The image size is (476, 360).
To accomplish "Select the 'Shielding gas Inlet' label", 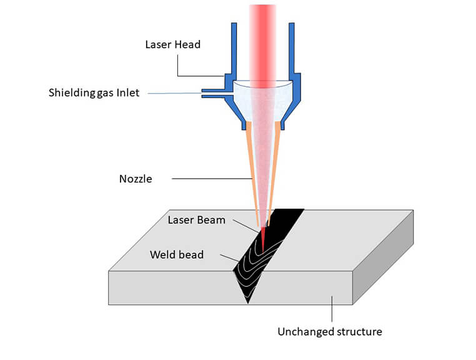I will tap(94, 93).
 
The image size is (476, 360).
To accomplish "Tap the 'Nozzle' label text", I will tap(136, 179).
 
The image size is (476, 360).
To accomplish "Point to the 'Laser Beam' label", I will tap(196, 220).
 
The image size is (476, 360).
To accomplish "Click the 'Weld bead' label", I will tap(177, 254).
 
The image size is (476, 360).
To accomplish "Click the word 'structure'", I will tap(358, 331).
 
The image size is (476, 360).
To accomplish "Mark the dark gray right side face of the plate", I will tap(382, 256).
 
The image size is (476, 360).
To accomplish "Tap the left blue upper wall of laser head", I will tap(234, 50).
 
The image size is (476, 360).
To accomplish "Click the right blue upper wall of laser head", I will tap(292, 50).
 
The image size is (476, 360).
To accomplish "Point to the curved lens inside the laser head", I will tap(263, 85).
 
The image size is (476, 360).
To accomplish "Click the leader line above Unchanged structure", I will tap(332, 309).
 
